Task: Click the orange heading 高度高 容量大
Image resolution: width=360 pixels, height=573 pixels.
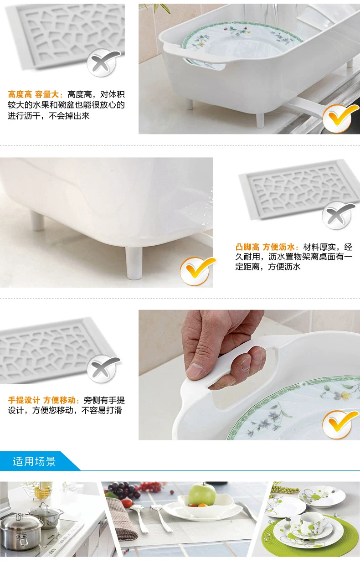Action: pyautogui.click(x=35, y=95)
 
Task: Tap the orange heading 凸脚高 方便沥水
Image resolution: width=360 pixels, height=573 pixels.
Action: pyautogui.click(x=267, y=247)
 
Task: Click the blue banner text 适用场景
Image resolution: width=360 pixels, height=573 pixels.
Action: pyautogui.click(x=34, y=461)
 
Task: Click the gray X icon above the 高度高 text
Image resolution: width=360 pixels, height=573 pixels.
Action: pyautogui.click(x=103, y=62)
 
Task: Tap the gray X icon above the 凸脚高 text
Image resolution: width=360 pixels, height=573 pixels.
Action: pyautogui.click(x=338, y=215)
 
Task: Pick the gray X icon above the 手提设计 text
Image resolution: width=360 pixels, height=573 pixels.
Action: pyautogui.click(x=103, y=369)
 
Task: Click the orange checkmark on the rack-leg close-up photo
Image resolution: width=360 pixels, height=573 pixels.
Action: pyautogui.click(x=197, y=271)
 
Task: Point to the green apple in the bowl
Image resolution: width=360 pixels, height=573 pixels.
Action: pyautogui.click(x=202, y=494)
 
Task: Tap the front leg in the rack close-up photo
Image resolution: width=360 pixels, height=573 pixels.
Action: pyautogui.click(x=134, y=263)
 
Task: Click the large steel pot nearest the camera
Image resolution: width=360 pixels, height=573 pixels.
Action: pyautogui.click(x=21, y=530)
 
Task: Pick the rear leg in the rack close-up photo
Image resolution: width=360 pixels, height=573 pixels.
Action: pyautogui.click(x=37, y=220)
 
